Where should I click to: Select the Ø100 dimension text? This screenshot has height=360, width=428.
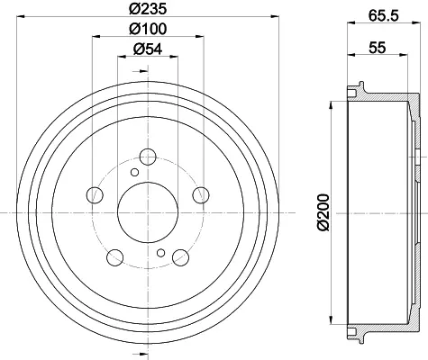[148, 29]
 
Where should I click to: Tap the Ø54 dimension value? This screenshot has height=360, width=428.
[148, 49]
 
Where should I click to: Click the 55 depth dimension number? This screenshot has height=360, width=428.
[378, 48]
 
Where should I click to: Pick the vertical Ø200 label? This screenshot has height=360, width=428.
[323, 212]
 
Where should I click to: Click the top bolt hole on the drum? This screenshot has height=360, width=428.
[148, 157]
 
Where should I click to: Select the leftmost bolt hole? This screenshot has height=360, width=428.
[95, 195]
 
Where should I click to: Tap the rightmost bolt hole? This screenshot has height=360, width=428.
[201, 195]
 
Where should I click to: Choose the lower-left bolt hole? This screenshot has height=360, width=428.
[115, 257]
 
